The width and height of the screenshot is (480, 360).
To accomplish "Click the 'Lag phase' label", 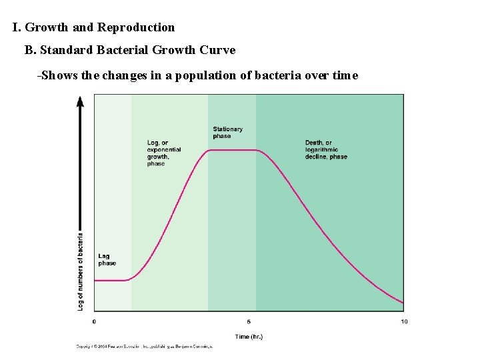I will click(x=107, y=259).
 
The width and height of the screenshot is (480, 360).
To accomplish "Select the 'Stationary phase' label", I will click(x=227, y=133).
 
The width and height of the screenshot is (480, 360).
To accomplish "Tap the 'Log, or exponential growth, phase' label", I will click(x=163, y=153).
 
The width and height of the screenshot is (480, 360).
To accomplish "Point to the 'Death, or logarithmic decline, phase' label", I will click(x=326, y=149).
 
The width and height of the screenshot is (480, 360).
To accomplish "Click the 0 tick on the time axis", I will click(x=94, y=321).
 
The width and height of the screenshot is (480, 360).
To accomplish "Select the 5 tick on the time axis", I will click(x=249, y=321).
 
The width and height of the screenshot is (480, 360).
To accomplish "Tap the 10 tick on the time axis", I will click(x=404, y=321).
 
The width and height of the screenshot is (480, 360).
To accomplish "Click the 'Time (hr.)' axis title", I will click(x=249, y=337).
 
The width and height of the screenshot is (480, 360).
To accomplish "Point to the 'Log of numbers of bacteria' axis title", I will click(x=81, y=271).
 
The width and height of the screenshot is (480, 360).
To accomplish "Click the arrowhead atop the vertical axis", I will click(x=80, y=101).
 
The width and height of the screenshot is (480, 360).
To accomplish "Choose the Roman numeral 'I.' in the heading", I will click(x=17, y=27).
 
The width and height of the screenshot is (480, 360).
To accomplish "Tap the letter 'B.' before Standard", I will click(x=30, y=50).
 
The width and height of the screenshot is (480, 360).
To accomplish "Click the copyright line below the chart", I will click(x=144, y=347).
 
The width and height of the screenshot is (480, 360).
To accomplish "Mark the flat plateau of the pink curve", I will click(x=232, y=150).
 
